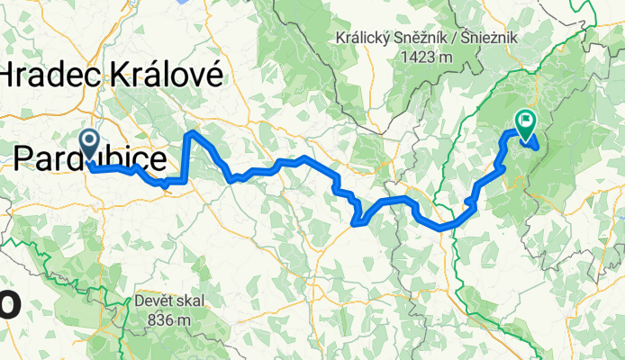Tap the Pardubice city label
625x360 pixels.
pyautogui.click(x=90, y=159)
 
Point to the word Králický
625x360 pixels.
pyautogui.click(x=362, y=39)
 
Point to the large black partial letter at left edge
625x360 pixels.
pyautogui.click(x=7, y=301)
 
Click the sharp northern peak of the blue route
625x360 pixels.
pyautogui.click(x=191, y=133)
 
